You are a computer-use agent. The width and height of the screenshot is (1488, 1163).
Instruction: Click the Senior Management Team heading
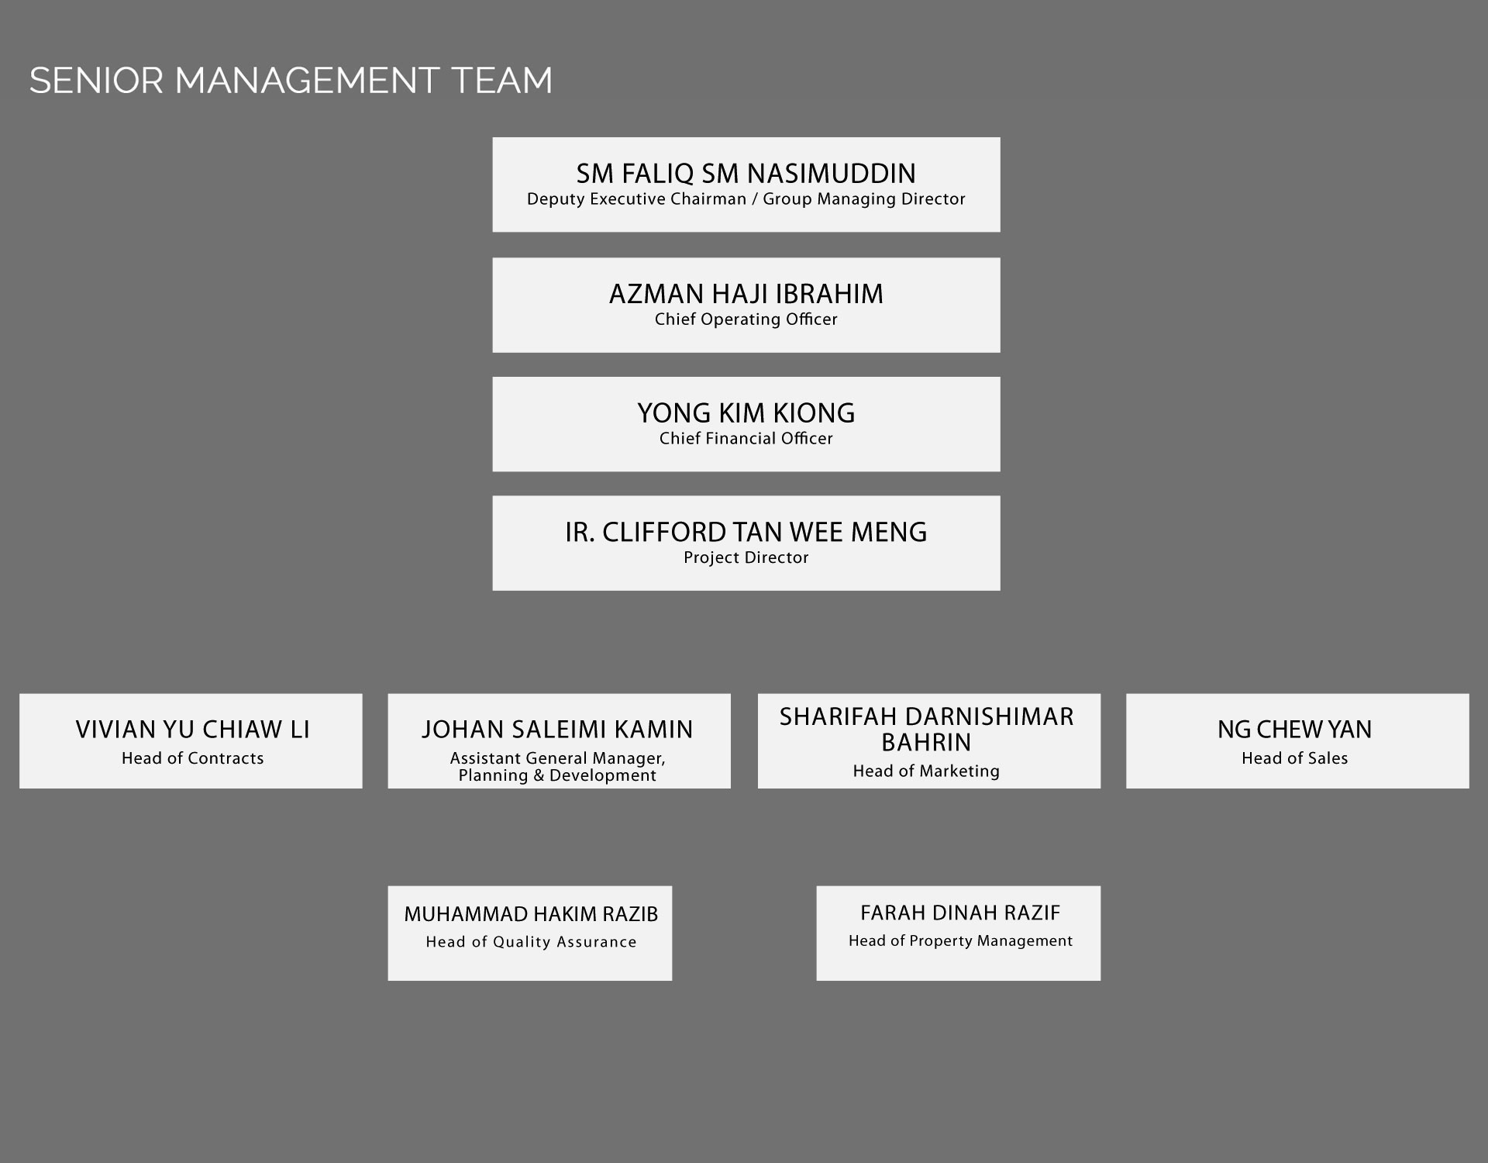291,81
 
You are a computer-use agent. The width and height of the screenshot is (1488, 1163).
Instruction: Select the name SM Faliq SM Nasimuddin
746,173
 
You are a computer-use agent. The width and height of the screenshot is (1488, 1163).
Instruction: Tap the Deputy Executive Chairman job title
746,199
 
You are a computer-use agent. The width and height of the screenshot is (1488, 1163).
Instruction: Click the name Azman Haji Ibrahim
746,294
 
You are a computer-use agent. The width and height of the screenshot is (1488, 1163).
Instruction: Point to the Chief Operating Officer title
746,319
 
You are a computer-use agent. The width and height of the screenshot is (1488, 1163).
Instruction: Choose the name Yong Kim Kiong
746,413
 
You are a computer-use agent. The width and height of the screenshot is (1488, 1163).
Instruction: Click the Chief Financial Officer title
746,439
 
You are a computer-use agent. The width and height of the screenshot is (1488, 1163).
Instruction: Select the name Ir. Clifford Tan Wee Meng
746,532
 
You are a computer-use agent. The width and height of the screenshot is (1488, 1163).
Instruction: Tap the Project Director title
746,557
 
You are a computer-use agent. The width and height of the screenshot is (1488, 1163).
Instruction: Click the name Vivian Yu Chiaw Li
193,730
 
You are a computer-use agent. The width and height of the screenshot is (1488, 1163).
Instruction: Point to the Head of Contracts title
193,758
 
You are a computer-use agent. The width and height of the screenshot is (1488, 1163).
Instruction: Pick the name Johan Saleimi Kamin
558,730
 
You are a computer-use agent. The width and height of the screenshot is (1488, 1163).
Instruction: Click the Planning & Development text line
558,775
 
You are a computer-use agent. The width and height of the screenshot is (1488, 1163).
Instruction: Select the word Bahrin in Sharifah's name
926,743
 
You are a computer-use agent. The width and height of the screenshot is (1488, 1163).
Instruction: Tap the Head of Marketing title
926,771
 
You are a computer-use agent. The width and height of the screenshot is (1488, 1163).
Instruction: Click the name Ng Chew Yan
1295,730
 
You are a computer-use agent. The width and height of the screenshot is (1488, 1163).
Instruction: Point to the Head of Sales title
1295,758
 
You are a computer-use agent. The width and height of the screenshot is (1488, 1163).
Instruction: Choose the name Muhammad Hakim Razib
531,914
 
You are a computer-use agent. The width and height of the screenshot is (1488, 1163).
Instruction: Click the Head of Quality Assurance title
531,942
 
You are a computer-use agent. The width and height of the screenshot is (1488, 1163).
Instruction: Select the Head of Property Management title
960,941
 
